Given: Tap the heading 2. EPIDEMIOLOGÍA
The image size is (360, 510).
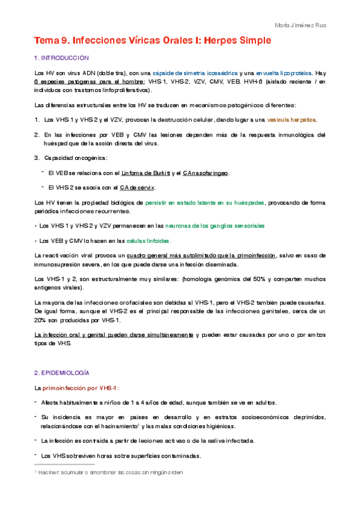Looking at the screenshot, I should click(62, 373).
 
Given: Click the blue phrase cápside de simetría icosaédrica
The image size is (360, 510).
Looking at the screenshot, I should click(194, 73).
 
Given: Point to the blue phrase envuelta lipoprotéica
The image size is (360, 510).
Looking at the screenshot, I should click(276, 73).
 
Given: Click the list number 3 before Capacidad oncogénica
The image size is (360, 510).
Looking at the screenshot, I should click(37, 158).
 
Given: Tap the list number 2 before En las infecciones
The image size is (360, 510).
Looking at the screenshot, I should click(37, 135).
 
